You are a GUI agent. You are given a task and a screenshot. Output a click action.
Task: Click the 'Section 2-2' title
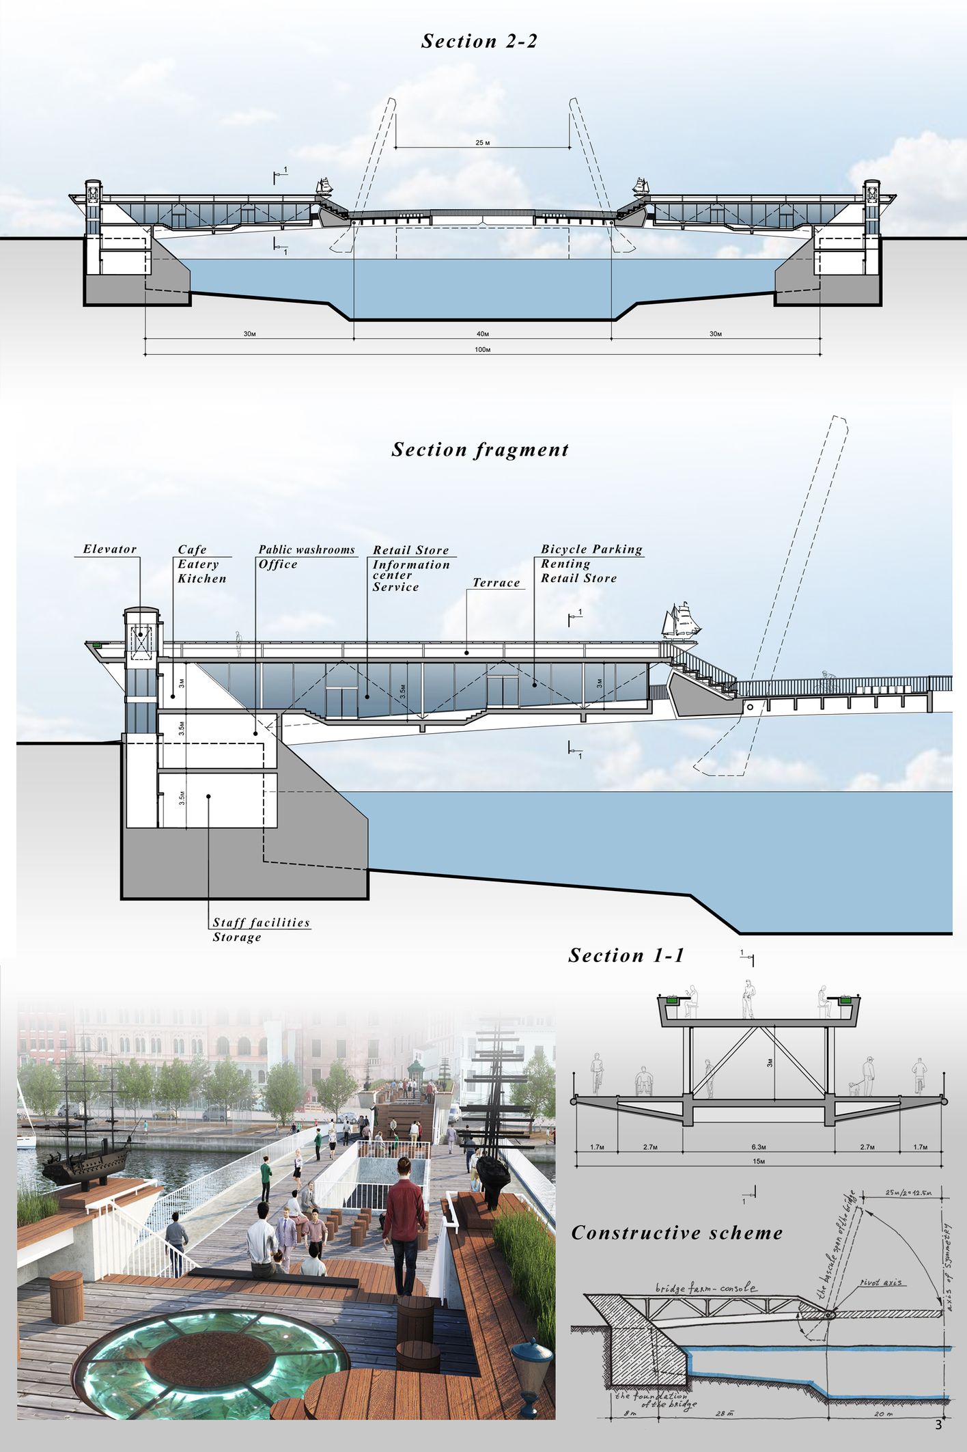pyautogui.click(x=479, y=41)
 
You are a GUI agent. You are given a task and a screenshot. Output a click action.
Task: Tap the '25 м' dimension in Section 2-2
pyautogui.click(x=483, y=143)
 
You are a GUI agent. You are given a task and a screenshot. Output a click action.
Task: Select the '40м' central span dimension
pyautogui.click(x=483, y=334)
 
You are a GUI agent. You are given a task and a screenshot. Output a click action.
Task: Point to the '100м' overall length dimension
pyautogui.click(x=482, y=349)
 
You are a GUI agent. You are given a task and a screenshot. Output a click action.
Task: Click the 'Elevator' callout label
pyautogui.click(x=110, y=549)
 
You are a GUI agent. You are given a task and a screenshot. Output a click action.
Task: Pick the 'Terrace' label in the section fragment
pyautogui.click(x=496, y=583)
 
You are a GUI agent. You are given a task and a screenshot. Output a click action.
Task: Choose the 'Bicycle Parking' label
pyautogui.click(x=591, y=549)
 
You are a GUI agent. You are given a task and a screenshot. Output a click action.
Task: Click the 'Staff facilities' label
pyautogui.click(x=261, y=922)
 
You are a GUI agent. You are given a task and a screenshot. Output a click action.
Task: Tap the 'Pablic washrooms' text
pyautogui.click(x=307, y=549)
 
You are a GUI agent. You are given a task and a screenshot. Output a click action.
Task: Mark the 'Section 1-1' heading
pyautogui.click(x=626, y=955)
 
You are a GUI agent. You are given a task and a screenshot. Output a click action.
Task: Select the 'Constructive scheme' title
pyautogui.click(x=677, y=1233)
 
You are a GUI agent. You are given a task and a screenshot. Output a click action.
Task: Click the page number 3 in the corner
pyautogui.click(x=938, y=1425)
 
